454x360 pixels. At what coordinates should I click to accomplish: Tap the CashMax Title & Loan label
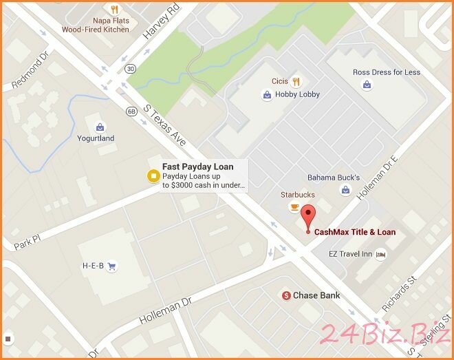tap(355, 232)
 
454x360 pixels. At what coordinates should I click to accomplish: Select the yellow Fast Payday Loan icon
tap(152, 176)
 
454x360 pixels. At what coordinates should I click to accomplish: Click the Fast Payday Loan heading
tap(197, 167)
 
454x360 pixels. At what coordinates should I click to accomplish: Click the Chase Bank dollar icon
tap(285, 295)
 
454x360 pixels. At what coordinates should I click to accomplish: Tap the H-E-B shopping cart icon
tap(111, 266)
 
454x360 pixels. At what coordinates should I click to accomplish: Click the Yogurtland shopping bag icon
tap(100, 127)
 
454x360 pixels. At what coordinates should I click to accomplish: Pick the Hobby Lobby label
tap(297, 94)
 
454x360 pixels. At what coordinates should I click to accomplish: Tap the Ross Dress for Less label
tap(386, 72)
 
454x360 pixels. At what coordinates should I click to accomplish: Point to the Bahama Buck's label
tap(333, 177)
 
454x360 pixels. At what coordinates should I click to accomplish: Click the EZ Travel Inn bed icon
tap(380, 255)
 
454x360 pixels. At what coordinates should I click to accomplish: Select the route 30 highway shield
tap(131, 69)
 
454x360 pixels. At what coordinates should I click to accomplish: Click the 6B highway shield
tap(131, 111)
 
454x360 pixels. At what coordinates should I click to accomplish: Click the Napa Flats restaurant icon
tap(116, 10)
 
